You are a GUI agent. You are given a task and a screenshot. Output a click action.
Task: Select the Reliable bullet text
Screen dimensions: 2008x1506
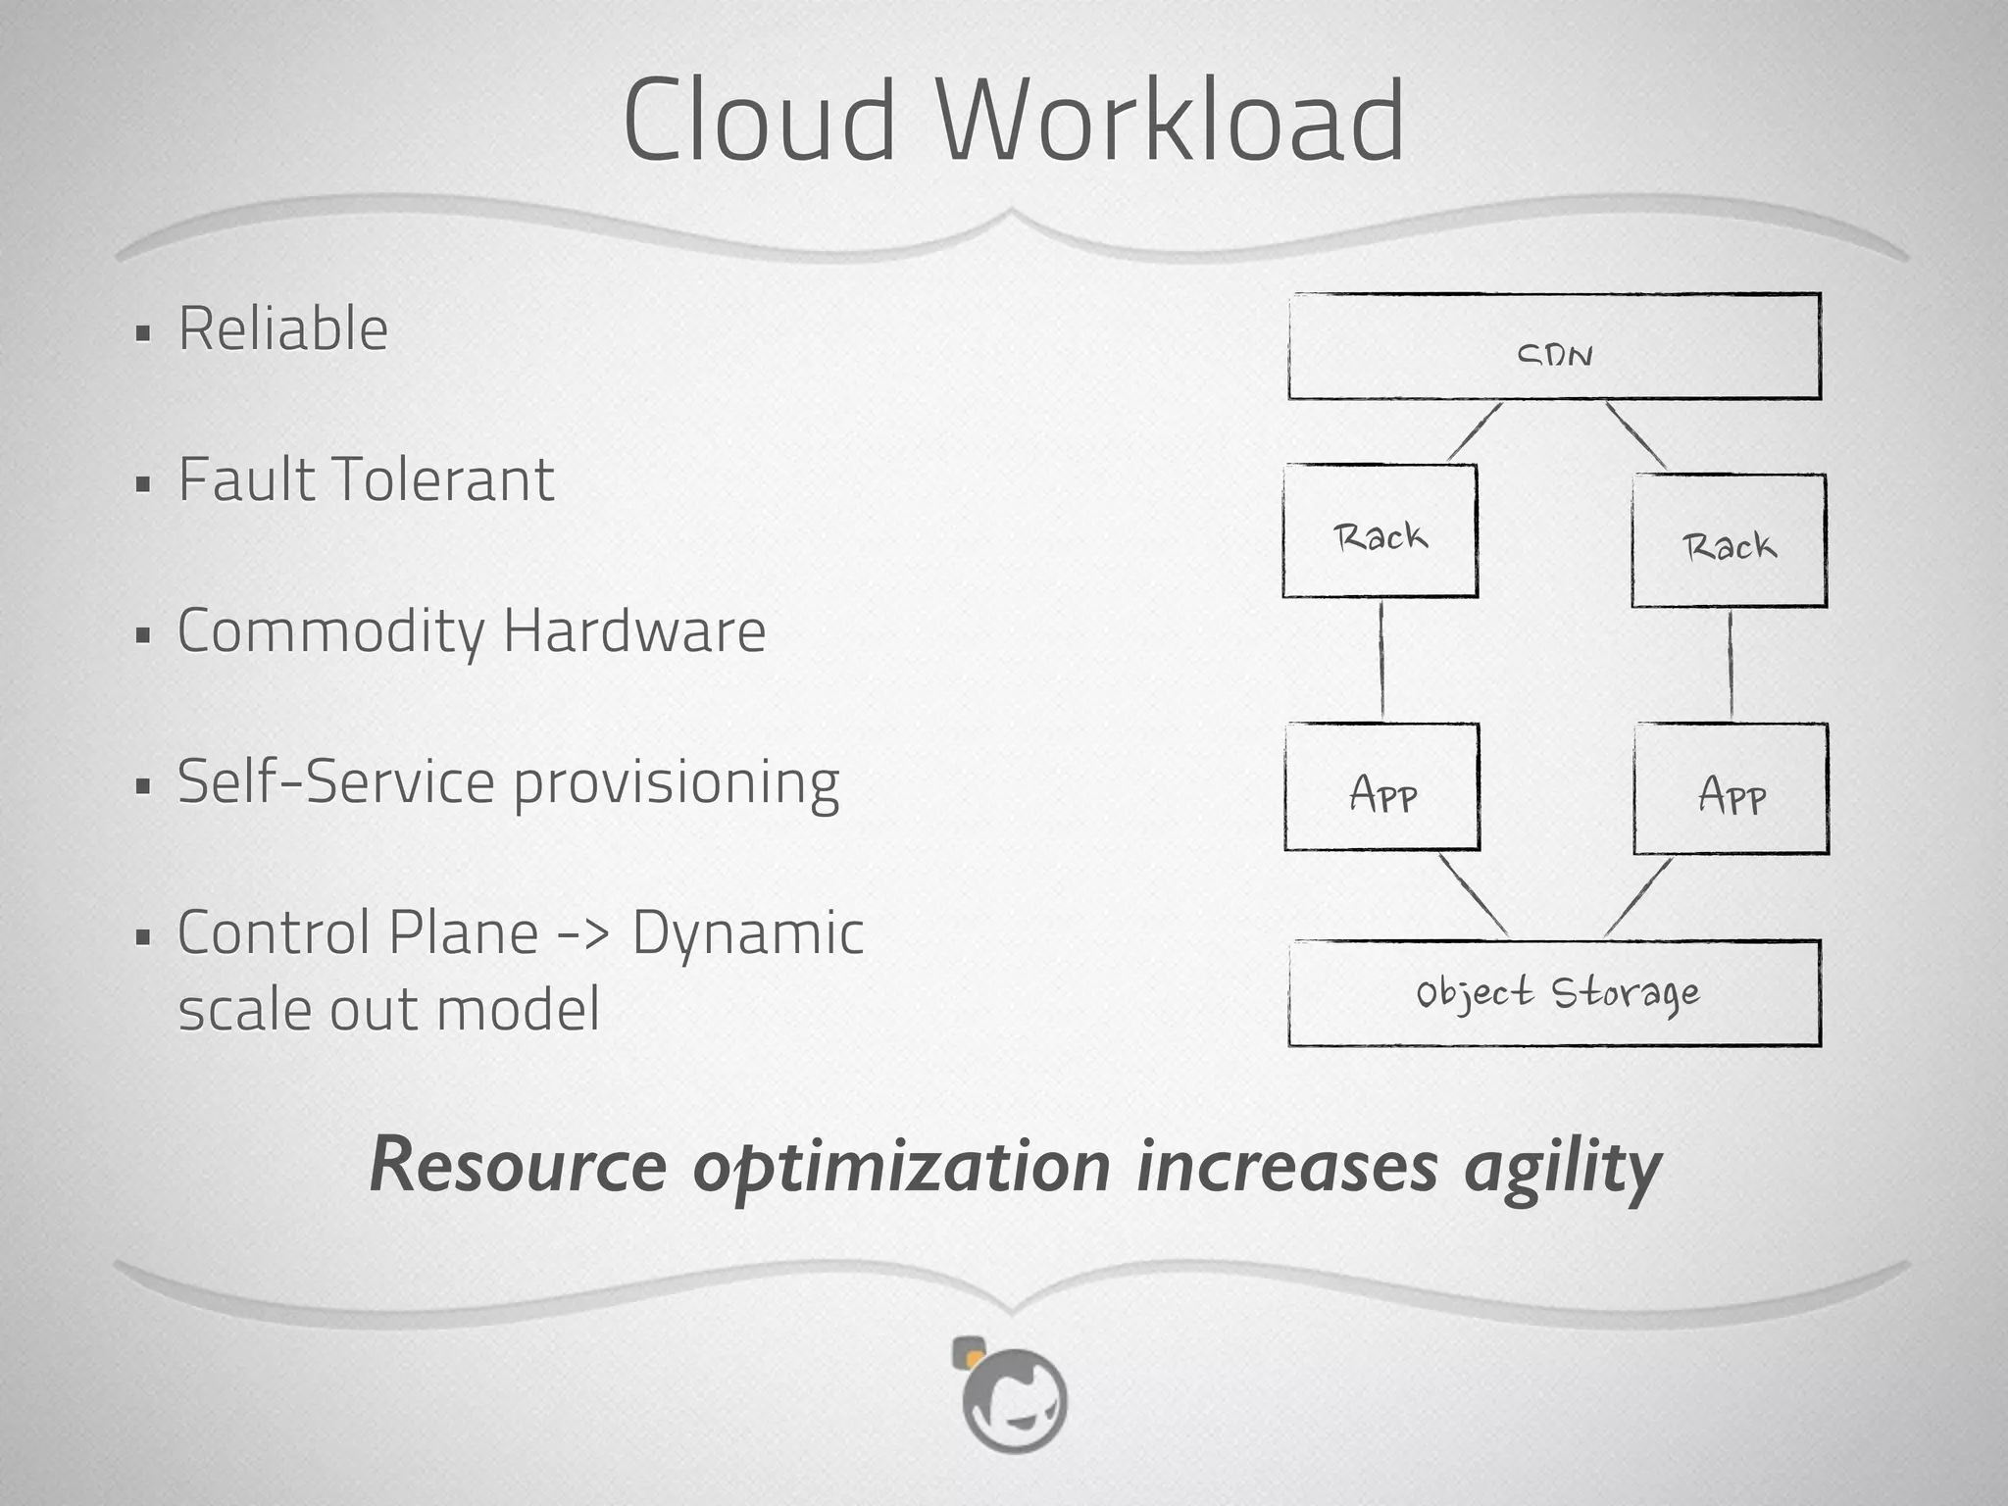coord(282,328)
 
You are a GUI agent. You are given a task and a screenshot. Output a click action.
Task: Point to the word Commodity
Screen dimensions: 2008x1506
coord(330,631)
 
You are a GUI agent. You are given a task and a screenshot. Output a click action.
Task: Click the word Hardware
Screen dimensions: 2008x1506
coord(633,630)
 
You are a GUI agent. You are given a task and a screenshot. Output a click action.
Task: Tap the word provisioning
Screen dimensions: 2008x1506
coord(676,784)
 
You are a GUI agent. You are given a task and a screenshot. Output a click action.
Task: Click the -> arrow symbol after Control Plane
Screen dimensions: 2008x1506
coord(583,932)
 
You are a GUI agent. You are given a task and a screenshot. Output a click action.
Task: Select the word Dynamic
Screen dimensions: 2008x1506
coord(747,934)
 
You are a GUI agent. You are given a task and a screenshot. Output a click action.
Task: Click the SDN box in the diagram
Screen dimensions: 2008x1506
coord(1554,346)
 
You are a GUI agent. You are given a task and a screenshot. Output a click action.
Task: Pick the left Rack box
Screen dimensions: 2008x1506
coord(1380,530)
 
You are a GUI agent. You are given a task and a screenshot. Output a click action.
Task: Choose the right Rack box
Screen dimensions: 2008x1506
coord(1729,541)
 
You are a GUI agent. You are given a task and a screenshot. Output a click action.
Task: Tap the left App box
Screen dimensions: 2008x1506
coord(1381,787)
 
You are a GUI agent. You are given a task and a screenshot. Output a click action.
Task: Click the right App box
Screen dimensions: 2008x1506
coord(1731,789)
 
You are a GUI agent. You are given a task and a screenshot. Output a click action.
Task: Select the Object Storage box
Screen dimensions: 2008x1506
coord(1554,993)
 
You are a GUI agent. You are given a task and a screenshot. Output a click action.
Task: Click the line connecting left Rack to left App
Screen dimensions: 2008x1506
coord(1381,661)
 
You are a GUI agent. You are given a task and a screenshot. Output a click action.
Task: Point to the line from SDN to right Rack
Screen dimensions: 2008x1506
coord(1635,435)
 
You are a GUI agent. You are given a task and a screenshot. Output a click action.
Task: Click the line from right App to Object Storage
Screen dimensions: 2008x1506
coord(1638,897)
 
